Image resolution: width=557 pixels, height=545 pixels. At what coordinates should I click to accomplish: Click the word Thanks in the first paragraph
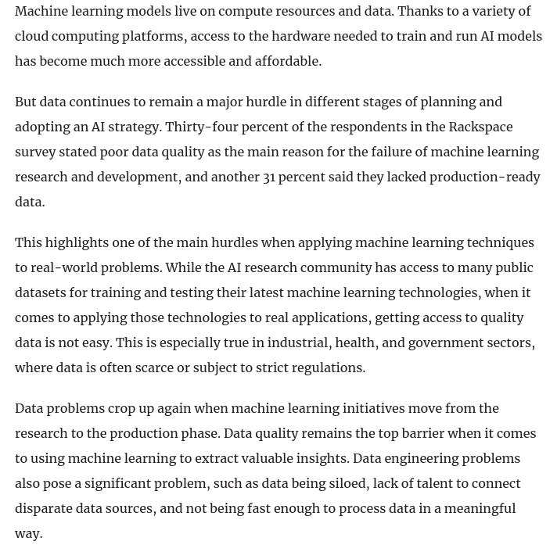tap(422, 11)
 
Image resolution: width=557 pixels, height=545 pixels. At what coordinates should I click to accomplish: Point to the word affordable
tap(283, 61)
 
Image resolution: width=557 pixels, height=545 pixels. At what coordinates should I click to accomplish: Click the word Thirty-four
tap(202, 127)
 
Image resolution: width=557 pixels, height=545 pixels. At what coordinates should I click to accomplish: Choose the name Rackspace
tap(480, 127)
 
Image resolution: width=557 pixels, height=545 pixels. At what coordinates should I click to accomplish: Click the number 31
tap(269, 177)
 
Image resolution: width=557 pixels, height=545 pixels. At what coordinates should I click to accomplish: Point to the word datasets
tap(40, 292)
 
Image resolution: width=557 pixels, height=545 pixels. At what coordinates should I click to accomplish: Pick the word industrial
tap(299, 342)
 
